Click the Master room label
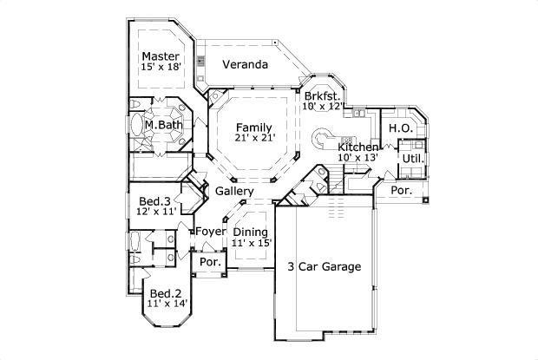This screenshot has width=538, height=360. pos(161,56)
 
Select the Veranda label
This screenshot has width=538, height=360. pos(244,65)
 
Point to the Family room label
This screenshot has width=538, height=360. pos(253,128)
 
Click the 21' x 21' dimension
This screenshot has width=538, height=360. pos(253,139)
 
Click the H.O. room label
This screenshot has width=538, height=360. pos(399,128)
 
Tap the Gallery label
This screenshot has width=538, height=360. pos(234,191)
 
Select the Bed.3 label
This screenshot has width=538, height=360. pos(154,202)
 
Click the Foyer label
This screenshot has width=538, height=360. pos(210,232)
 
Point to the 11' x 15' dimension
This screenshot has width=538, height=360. pos(252,243)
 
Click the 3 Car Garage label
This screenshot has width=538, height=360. pos(324,266)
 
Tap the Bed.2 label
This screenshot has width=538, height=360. pos(164,293)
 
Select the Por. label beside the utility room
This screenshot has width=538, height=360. pos(401,189)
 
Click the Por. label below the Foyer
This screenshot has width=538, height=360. pos(209,262)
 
